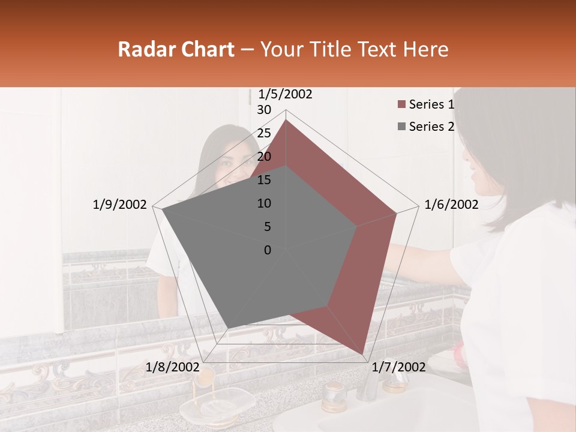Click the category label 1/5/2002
[x=285, y=94]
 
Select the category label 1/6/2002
[x=451, y=205]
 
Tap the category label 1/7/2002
[x=398, y=367]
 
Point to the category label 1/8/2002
[x=173, y=367]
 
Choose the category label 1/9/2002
[x=120, y=205]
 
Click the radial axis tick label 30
[x=264, y=110]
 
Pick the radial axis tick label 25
[x=264, y=133]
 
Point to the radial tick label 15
[x=264, y=180]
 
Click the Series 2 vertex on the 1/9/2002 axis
[x=162, y=209]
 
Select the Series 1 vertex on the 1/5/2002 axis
[x=286, y=120]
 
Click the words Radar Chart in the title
[x=176, y=49]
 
